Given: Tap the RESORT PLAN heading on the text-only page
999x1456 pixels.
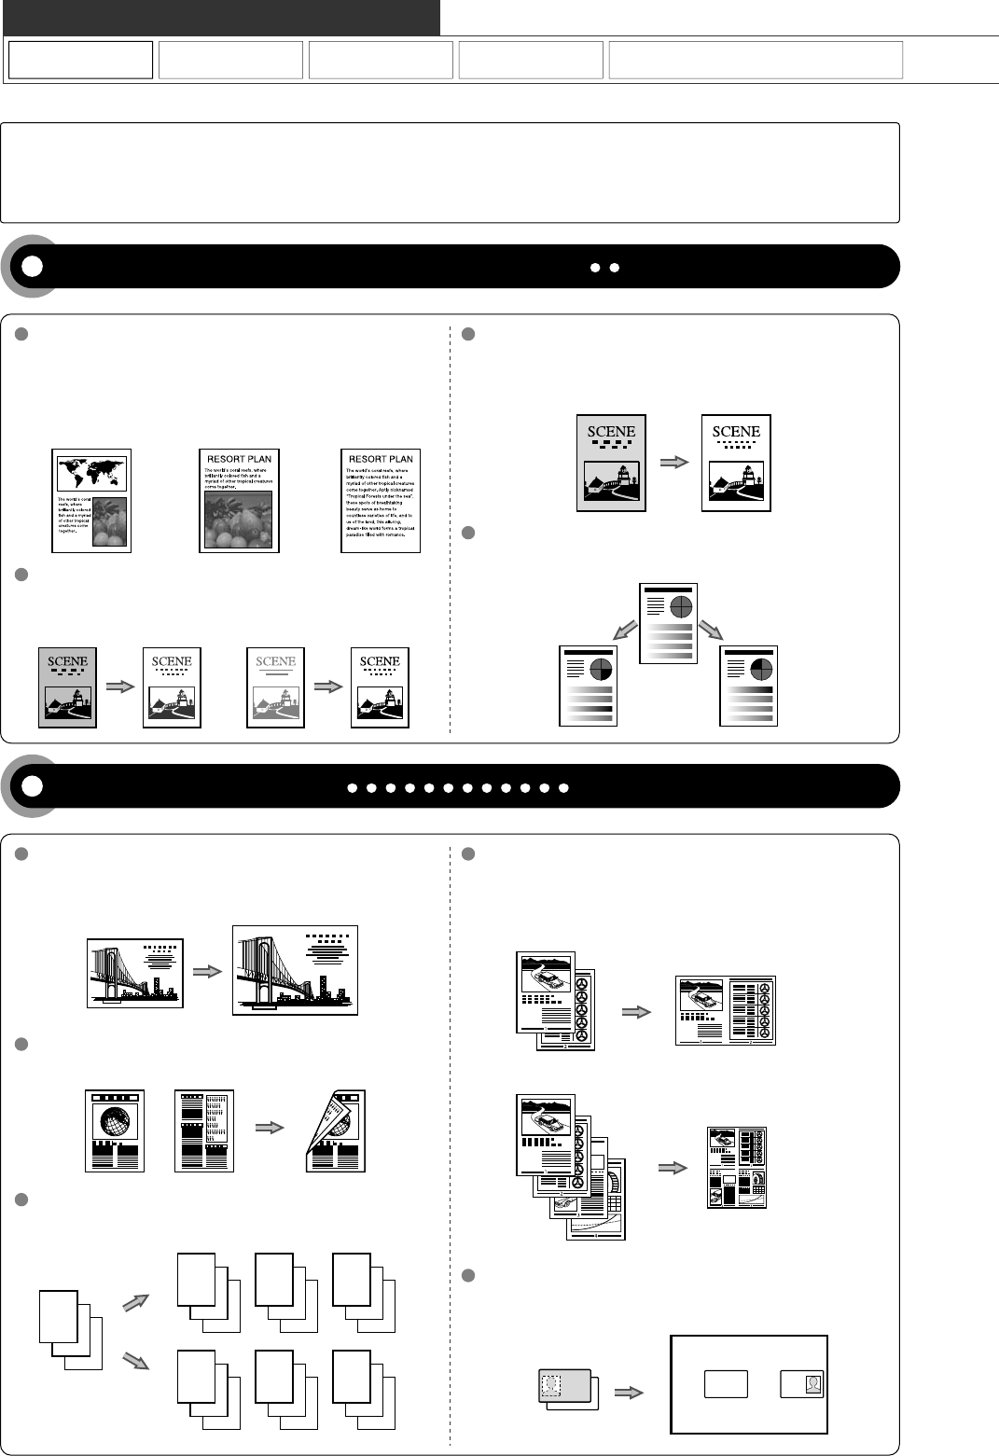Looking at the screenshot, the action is (381, 459).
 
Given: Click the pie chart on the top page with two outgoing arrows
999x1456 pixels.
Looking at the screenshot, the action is (682, 606).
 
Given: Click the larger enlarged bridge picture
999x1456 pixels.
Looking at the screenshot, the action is (295, 970).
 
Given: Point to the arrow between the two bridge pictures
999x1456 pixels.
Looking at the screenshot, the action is (207, 971).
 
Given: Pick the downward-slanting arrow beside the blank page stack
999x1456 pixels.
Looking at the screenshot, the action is (136, 1361).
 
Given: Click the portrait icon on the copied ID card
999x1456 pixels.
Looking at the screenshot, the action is (813, 1384).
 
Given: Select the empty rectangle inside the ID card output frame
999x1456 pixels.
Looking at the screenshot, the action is (726, 1384).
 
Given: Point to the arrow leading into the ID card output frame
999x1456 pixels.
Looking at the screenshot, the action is (631, 1393).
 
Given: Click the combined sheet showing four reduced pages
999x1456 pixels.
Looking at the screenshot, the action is (737, 1168).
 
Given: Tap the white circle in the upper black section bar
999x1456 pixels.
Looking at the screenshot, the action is (32, 266).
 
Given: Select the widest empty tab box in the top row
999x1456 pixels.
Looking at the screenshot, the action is (756, 60).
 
